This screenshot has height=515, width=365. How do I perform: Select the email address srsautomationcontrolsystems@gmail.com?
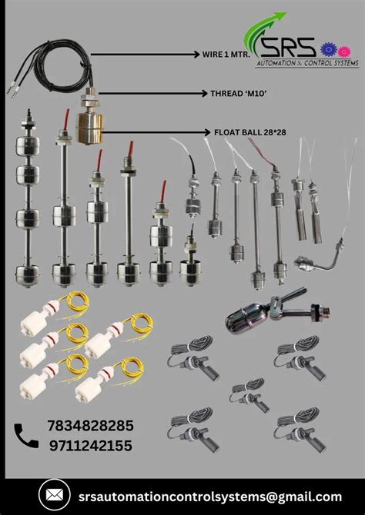coord(205,496)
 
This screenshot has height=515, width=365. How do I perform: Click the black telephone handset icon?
coord(27,436)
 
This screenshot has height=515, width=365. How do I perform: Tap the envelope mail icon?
coord(53,495)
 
